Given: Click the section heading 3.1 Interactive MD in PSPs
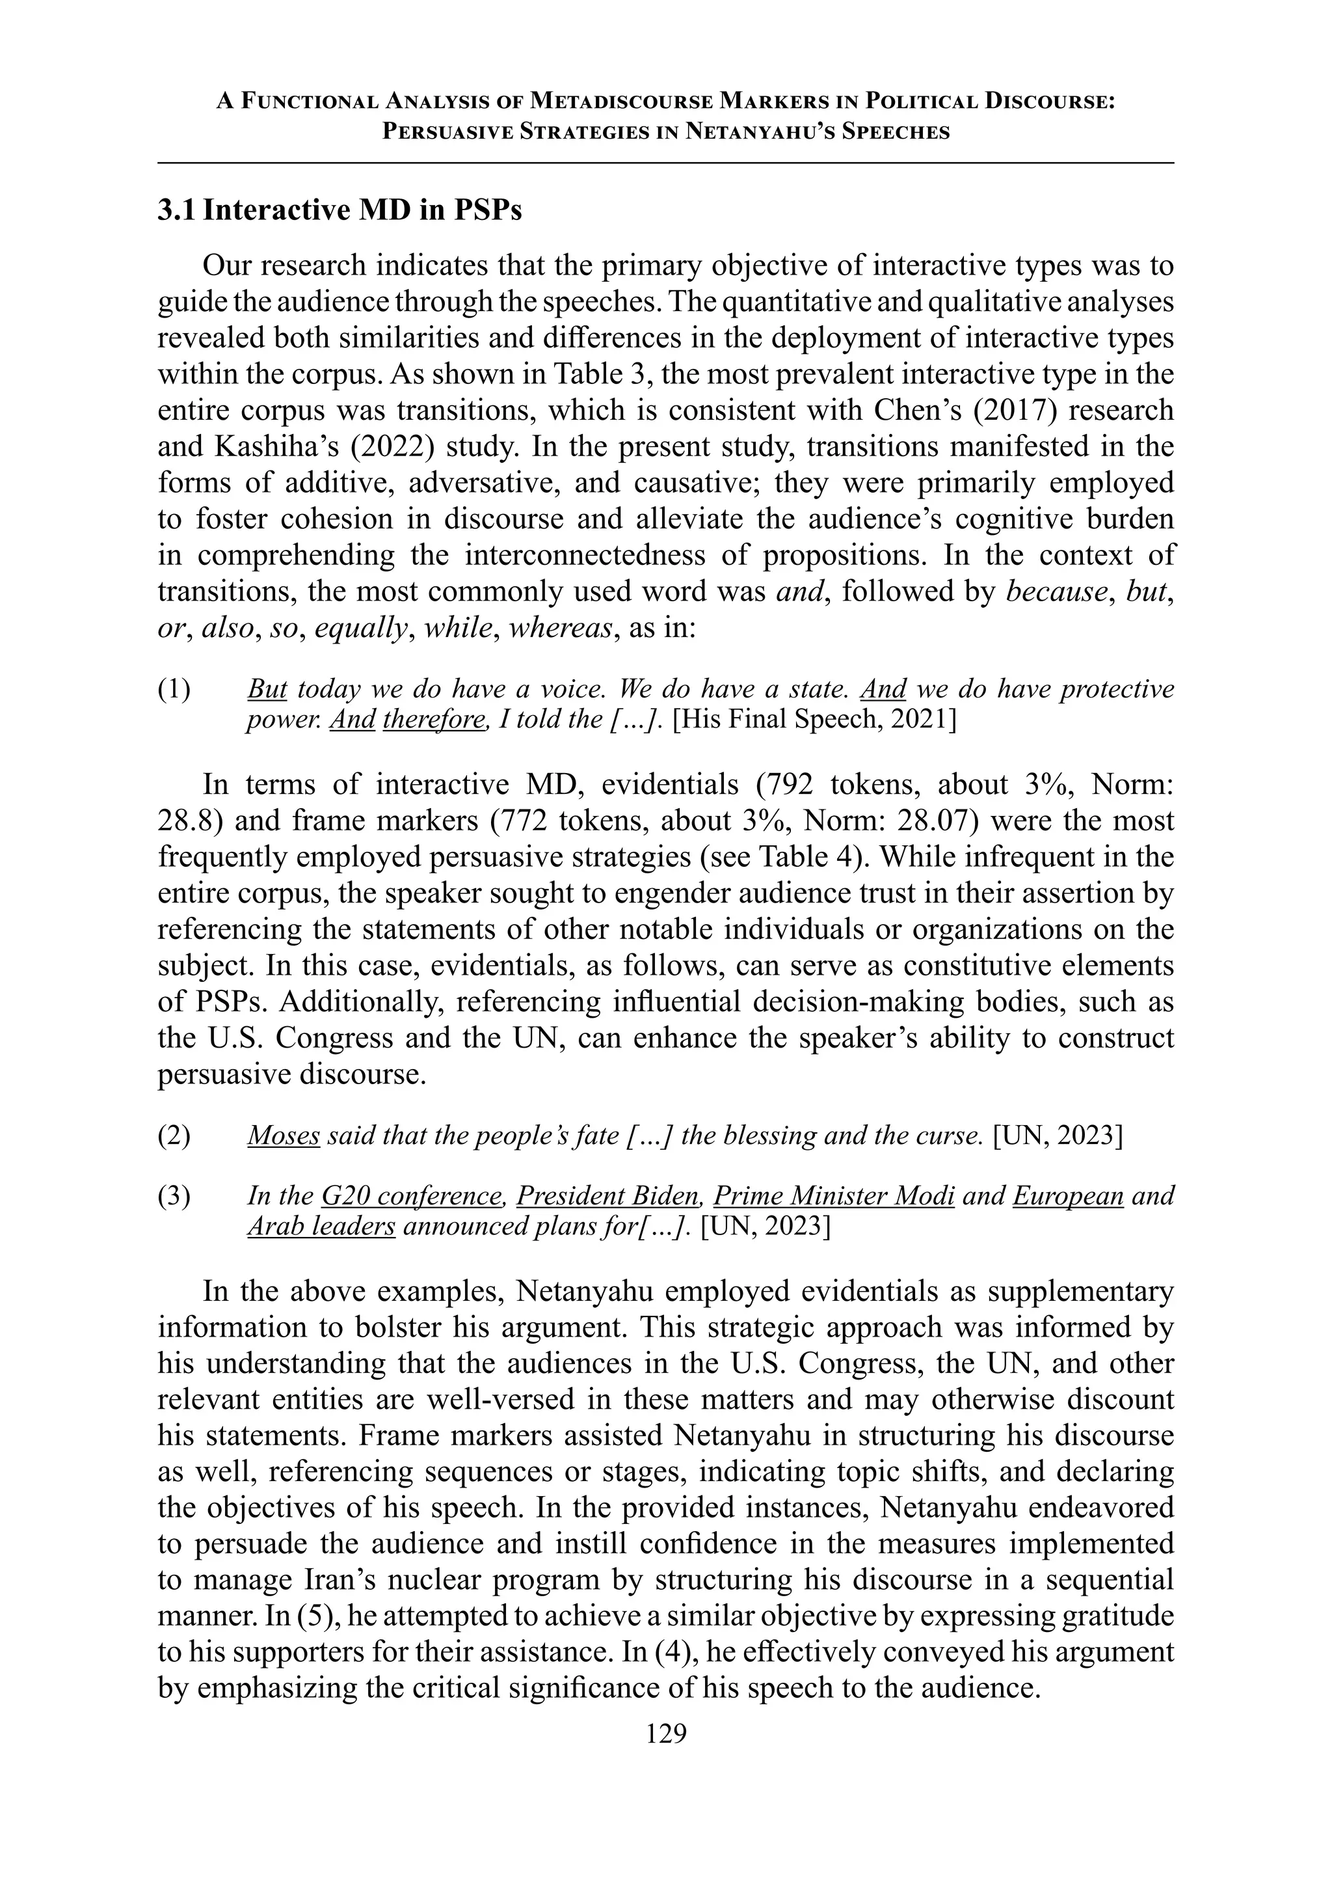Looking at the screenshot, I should point(339,211).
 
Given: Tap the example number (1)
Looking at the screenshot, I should point(174,688).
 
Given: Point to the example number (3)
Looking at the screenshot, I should point(174,1195).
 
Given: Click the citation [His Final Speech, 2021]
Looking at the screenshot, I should point(814,720).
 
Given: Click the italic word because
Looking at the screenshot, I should point(1056,592).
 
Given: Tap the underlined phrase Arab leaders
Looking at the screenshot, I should point(321,1227).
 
